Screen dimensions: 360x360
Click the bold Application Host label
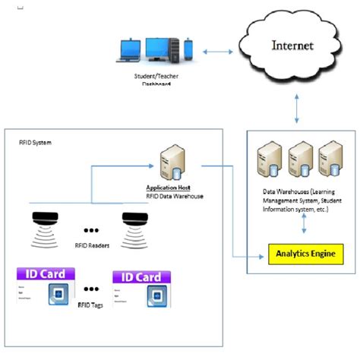click(167, 187)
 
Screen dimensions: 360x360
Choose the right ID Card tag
click(141, 289)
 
